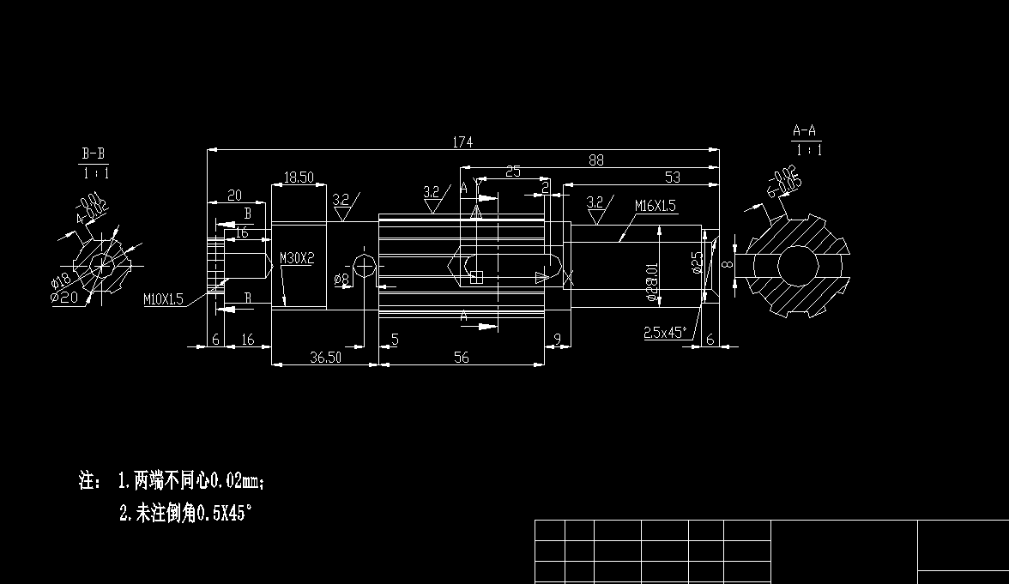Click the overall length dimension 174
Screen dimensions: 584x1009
(x=463, y=142)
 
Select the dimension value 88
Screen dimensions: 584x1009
(x=596, y=160)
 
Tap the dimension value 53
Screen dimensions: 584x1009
(x=672, y=177)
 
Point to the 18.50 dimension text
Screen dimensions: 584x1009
(x=299, y=178)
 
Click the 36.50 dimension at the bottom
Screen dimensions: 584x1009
(x=325, y=358)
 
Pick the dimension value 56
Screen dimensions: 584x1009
(x=462, y=358)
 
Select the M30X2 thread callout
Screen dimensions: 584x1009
(x=297, y=257)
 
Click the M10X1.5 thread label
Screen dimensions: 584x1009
(x=163, y=298)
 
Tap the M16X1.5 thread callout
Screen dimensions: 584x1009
(x=656, y=206)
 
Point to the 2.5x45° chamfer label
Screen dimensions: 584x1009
(x=665, y=333)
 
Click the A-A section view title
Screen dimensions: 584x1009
(x=804, y=131)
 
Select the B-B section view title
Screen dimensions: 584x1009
(x=94, y=154)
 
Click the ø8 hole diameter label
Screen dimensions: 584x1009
(x=341, y=279)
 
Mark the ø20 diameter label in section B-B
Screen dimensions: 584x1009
(x=64, y=297)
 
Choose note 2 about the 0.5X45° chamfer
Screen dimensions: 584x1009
(x=185, y=514)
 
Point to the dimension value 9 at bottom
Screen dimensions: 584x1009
(x=557, y=340)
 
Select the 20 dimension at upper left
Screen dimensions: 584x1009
(x=233, y=196)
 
